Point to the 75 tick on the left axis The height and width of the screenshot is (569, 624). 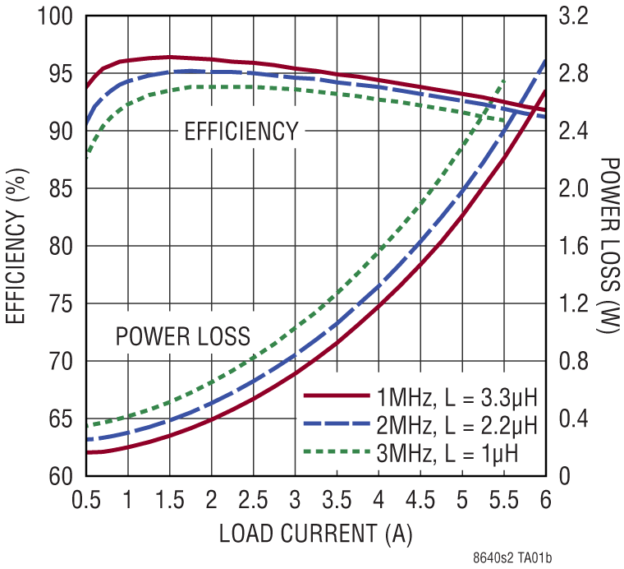pos(61,303)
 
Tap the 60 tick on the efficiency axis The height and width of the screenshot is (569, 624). pos(61,476)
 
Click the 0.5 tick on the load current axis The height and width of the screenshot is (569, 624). pos(85,500)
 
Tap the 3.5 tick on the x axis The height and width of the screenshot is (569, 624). pos(337,500)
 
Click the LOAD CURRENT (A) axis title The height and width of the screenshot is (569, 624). pos(315,533)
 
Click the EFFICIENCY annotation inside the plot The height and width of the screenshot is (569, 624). pos(241,132)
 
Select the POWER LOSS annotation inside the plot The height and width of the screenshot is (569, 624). pos(182,335)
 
